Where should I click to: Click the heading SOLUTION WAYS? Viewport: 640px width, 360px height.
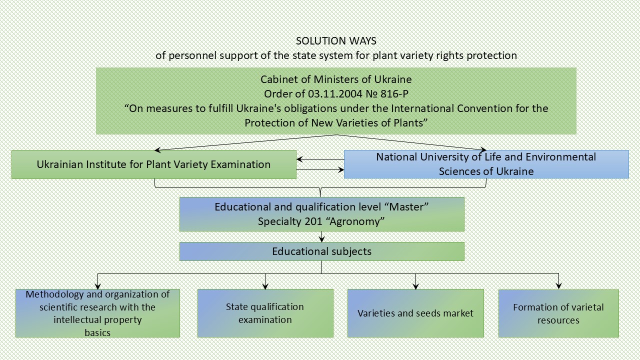(x=336, y=41)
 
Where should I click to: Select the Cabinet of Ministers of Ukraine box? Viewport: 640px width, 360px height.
(x=336, y=101)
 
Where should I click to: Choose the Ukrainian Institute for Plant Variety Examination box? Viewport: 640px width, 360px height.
(x=153, y=164)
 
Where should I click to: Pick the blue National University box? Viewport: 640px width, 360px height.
(x=486, y=164)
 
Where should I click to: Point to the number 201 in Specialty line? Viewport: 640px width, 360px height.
(x=313, y=221)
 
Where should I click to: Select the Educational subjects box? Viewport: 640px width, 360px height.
(x=321, y=251)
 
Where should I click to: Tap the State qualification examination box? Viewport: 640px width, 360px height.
(x=265, y=313)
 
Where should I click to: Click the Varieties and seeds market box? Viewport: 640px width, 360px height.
(x=415, y=313)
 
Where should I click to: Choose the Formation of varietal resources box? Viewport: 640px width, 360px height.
(x=558, y=313)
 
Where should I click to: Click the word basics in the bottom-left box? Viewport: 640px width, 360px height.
(x=97, y=332)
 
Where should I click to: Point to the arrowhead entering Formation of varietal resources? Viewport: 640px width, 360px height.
(x=558, y=286)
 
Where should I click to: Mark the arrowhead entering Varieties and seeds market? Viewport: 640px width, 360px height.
(x=415, y=286)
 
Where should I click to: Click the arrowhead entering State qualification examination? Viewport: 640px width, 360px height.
(x=265, y=286)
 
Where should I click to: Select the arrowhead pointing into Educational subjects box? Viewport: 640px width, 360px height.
(x=321, y=239)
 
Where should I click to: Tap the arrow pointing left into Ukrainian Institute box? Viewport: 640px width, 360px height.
(x=299, y=159)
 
